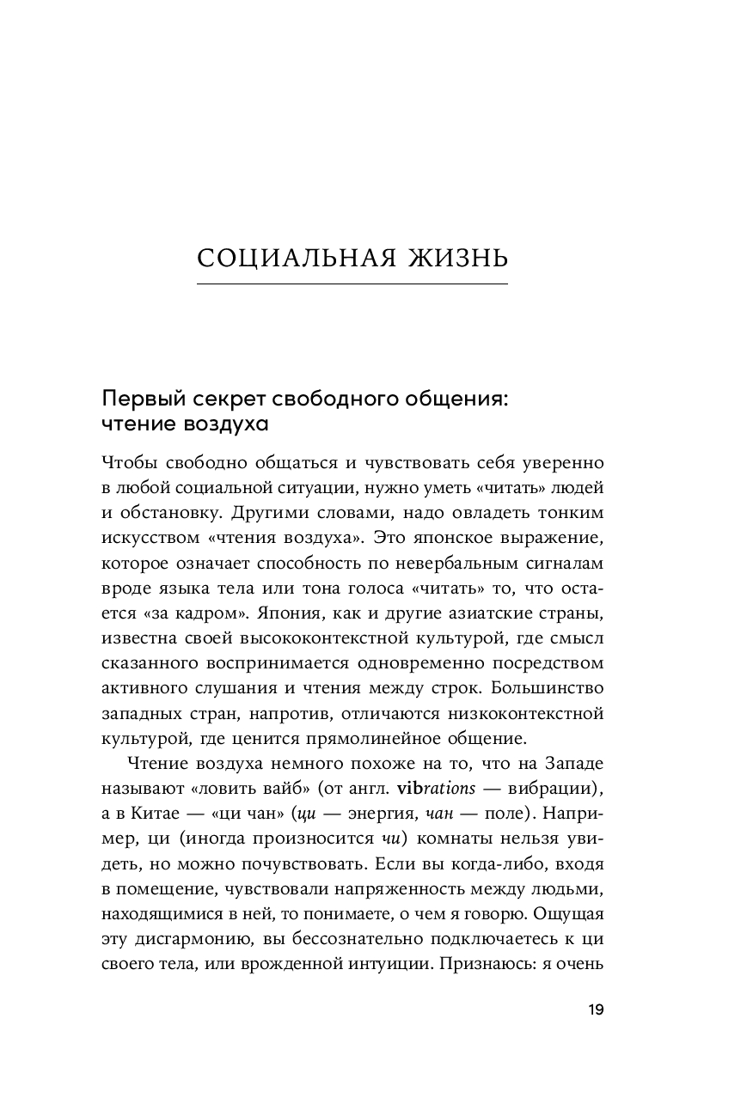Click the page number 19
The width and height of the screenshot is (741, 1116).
[596, 1010]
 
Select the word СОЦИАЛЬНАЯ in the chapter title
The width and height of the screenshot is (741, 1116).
[285, 259]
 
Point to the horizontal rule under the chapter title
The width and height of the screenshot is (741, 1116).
[352, 284]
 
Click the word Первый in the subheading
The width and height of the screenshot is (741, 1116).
[133, 399]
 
